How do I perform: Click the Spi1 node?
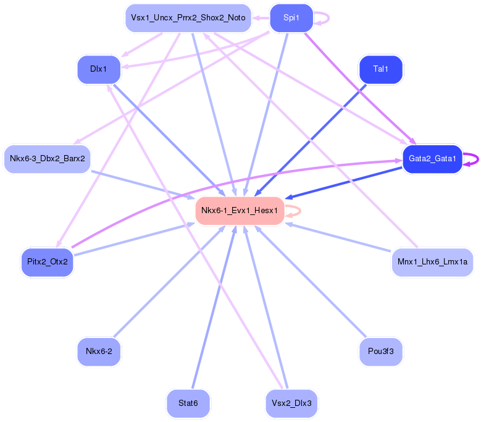tap(291, 18)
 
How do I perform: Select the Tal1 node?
tap(381, 69)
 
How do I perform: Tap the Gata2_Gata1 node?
tap(432, 159)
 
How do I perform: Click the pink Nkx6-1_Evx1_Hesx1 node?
tap(240, 211)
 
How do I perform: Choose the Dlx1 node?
tap(98, 69)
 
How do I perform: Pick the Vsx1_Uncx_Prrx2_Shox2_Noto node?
tap(188, 18)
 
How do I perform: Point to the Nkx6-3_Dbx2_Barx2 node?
tap(47, 159)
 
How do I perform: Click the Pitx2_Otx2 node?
tap(47, 262)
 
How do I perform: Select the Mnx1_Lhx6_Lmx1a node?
tap(432, 262)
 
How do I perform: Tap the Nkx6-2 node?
tap(98, 352)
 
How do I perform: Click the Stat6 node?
tap(188, 403)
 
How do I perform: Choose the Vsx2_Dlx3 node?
tap(291, 403)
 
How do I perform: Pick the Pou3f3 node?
tap(381, 352)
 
